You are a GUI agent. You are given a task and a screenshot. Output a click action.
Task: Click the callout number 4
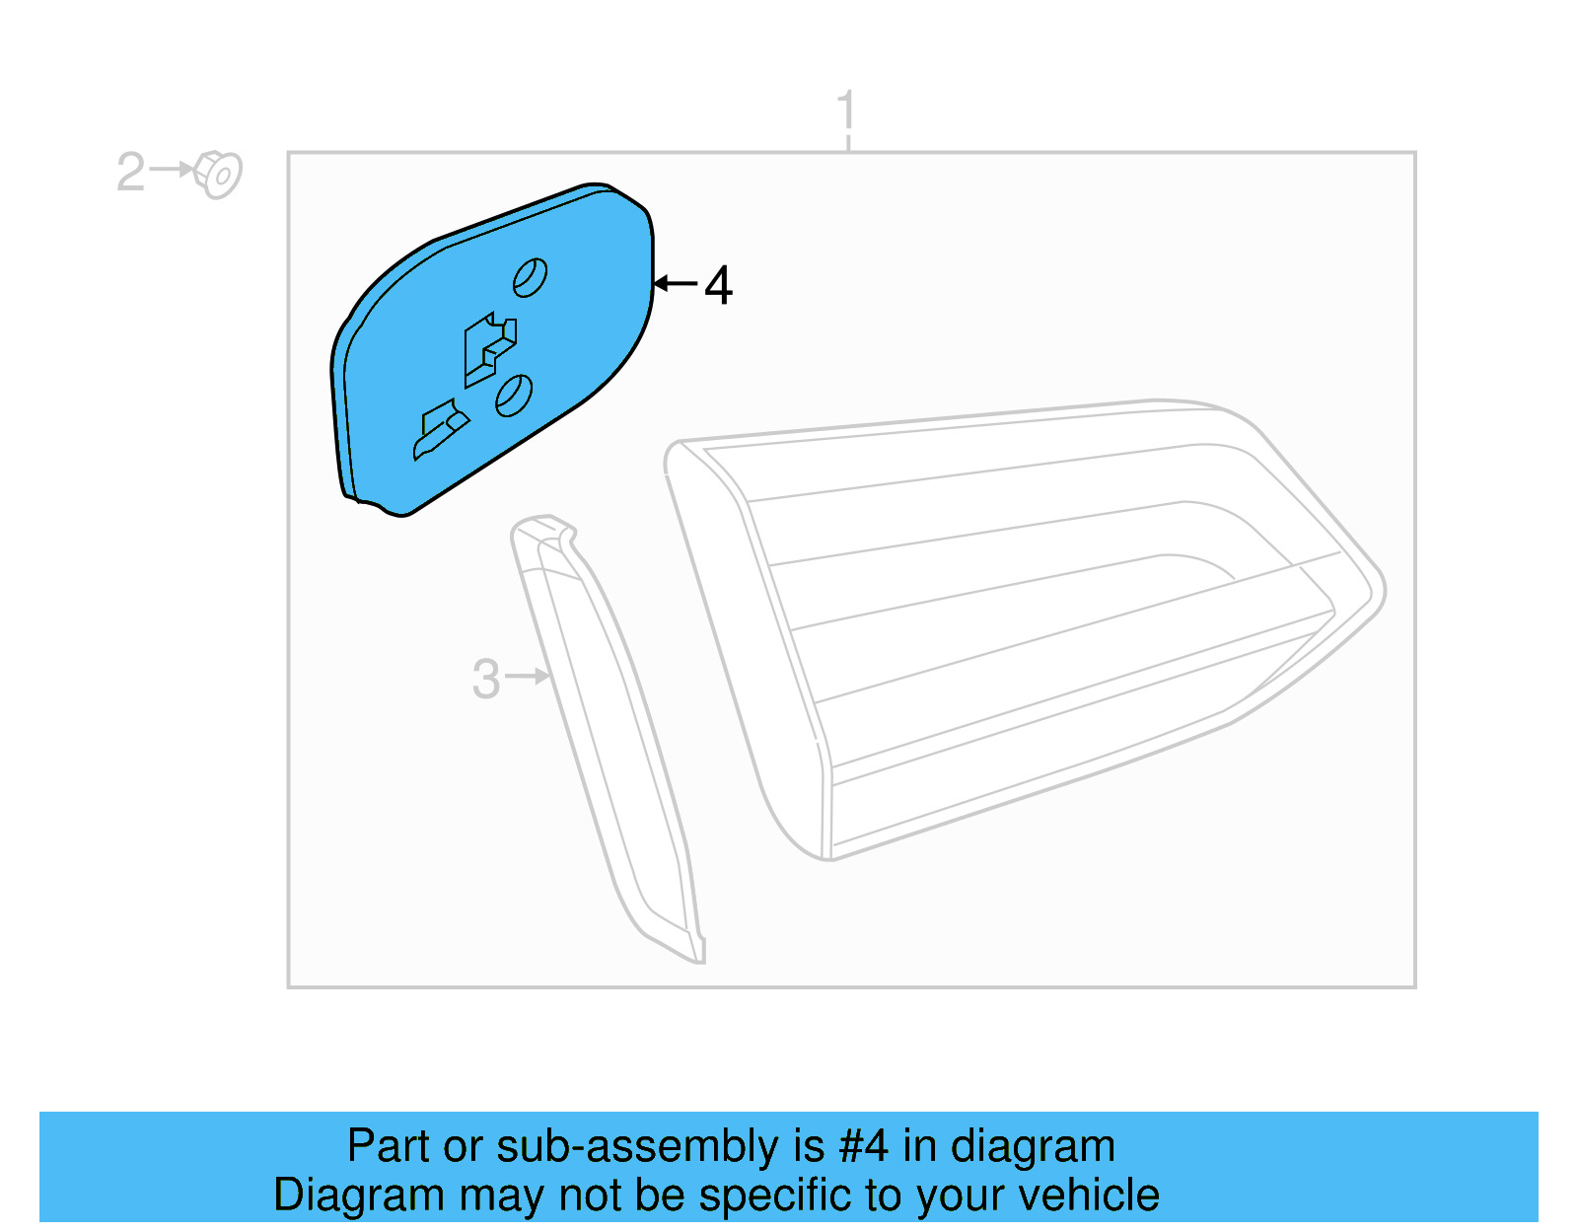coord(718,286)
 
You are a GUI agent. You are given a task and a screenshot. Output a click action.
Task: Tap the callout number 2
coord(130,173)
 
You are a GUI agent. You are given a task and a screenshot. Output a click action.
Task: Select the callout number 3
coord(485,680)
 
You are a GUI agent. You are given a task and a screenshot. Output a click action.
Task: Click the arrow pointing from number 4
coord(676,284)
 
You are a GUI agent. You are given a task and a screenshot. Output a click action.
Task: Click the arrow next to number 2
coord(172,170)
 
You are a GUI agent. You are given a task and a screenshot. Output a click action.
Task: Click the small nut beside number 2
coord(219,175)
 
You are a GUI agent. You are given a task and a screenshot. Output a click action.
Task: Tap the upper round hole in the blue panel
coord(531,277)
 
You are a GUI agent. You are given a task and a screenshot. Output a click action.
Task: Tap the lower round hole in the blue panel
coord(514,395)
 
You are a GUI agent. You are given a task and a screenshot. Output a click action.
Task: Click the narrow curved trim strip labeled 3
coord(611,740)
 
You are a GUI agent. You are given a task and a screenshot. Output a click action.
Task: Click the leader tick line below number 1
coord(848,144)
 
